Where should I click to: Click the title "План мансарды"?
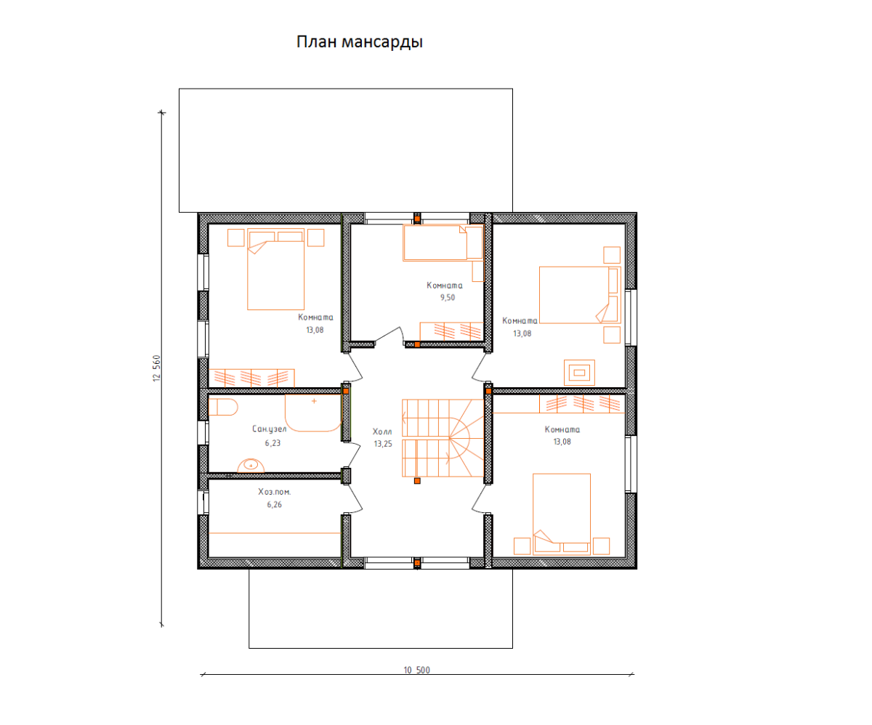click(360, 42)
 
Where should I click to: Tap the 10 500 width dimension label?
click(416, 670)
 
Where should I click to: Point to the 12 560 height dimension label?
click(157, 368)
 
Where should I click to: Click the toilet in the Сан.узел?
click(223, 407)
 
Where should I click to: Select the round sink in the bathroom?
click(251, 466)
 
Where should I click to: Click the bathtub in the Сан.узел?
click(313, 413)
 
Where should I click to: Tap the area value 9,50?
click(448, 297)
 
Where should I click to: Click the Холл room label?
click(382, 432)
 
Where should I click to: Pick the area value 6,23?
click(272, 442)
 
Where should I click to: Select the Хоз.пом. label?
click(275, 492)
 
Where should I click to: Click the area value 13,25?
click(383, 444)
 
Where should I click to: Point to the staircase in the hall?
click(443, 438)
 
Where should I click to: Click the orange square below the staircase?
click(417, 481)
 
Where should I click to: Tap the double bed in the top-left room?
click(275, 270)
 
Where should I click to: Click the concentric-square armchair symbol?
click(579, 373)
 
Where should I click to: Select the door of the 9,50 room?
click(389, 336)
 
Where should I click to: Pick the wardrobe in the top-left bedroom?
click(251, 378)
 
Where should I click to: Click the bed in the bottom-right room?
click(562, 514)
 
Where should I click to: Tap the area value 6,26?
click(275, 504)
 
